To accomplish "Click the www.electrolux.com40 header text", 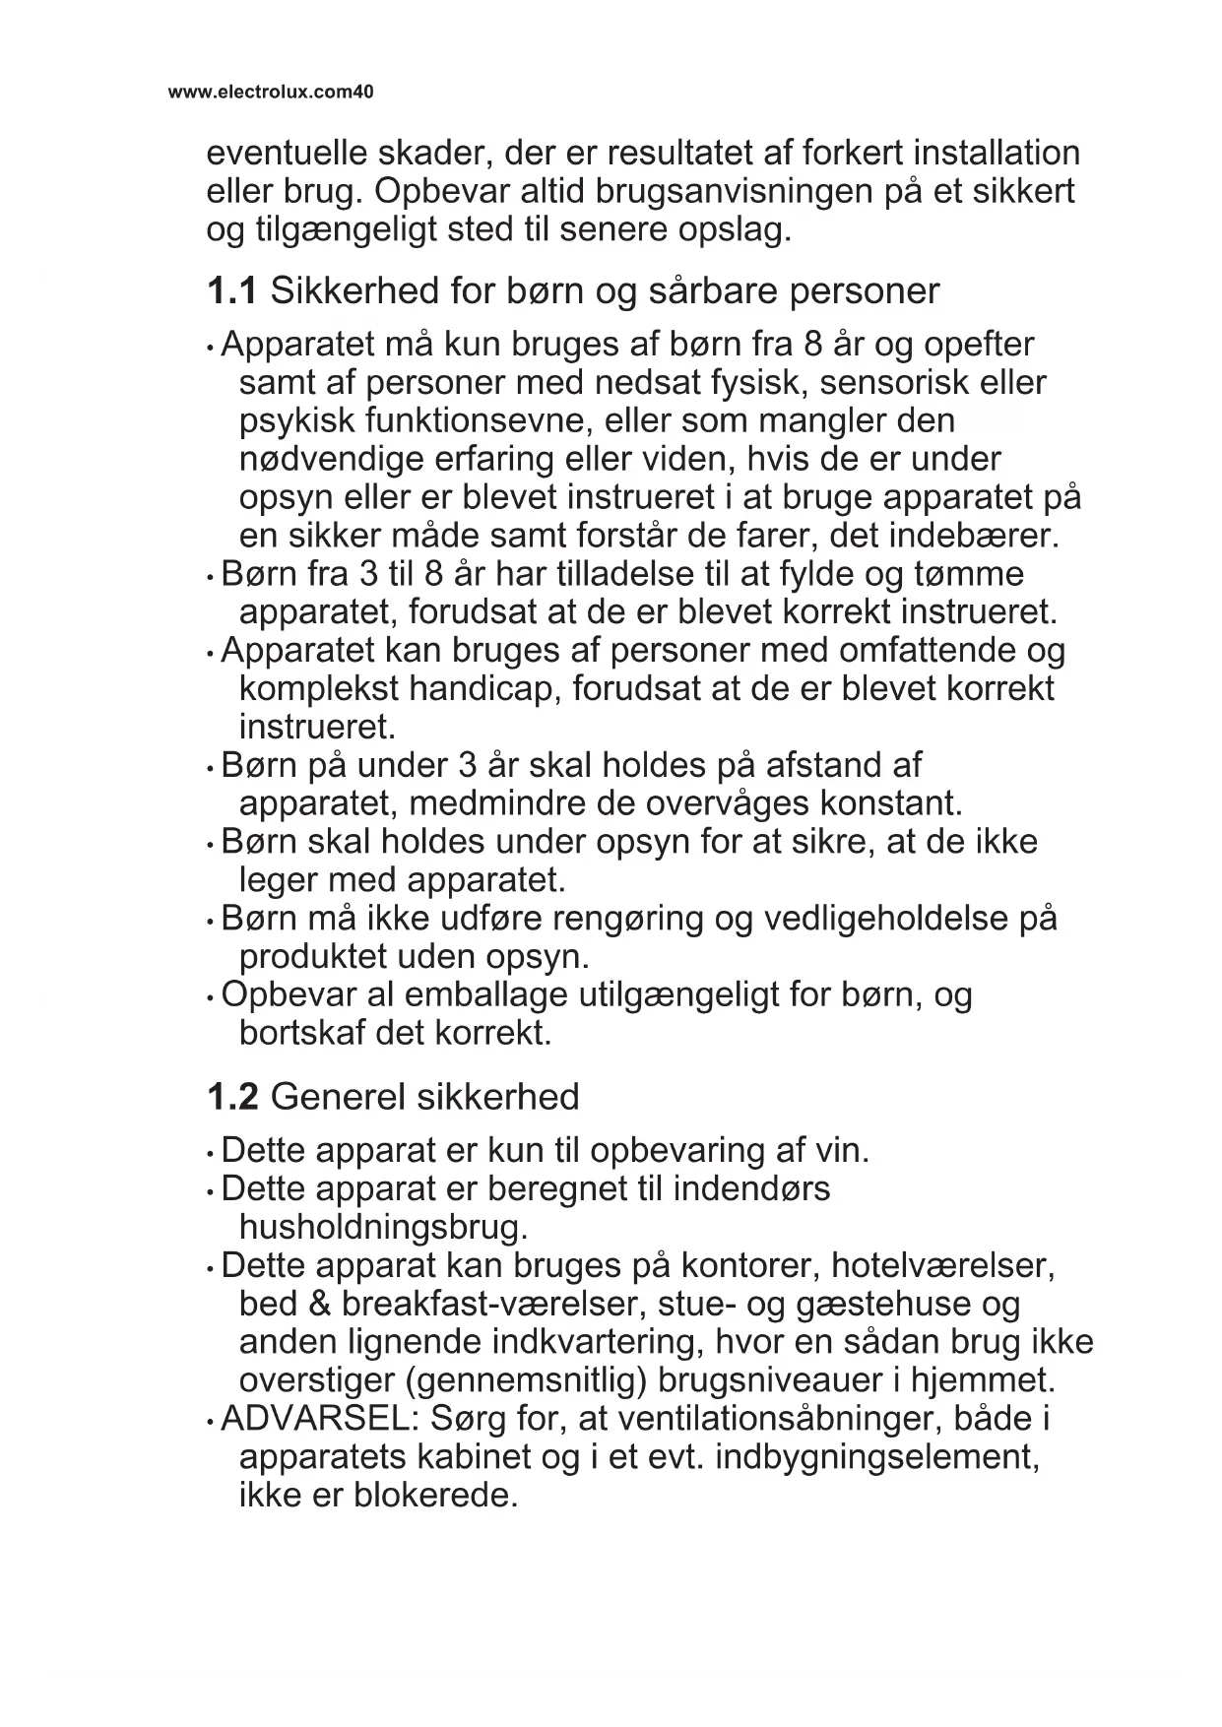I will click(271, 93).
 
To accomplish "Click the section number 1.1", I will click(232, 291).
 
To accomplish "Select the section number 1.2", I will click(232, 1097).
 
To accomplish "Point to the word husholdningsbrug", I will click(383, 1228).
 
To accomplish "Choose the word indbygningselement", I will click(876, 1457).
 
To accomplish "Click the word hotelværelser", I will click(943, 1265).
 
